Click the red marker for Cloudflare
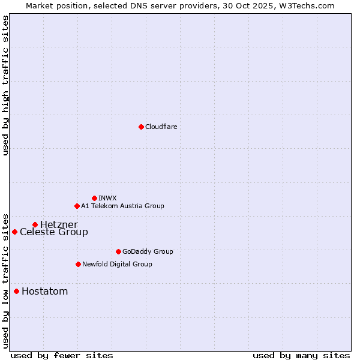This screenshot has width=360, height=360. click(141, 127)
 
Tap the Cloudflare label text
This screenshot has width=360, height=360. click(161, 127)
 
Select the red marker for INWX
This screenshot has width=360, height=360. click(94, 198)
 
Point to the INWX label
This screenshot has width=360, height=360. click(107, 198)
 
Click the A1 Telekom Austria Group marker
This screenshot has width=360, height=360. click(77, 206)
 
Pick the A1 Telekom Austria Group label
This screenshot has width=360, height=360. click(122, 206)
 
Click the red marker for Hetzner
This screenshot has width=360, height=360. click(35, 224)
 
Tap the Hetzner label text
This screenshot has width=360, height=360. click(59, 224)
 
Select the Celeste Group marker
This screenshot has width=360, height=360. click(14, 232)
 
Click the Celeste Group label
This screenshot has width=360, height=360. click(53, 232)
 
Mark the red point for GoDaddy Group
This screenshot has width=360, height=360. click(118, 251)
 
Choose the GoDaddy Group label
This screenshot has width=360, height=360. click(147, 251)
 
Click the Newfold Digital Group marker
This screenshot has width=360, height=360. click(78, 264)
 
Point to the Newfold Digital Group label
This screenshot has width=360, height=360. click(117, 264)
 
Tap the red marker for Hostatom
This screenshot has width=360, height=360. click(16, 292)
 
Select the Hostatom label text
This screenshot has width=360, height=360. click(44, 292)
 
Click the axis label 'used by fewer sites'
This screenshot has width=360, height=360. click(62, 355)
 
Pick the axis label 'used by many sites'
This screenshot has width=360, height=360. click(301, 355)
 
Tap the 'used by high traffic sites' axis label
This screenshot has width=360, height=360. click(5, 85)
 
